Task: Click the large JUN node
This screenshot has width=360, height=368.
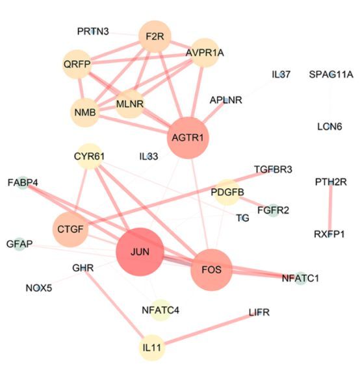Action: click(x=140, y=252)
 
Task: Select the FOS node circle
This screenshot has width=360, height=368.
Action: click(x=211, y=270)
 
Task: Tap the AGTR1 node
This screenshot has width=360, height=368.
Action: click(x=188, y=138)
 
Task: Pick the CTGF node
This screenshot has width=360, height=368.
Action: click(x=70, y=229)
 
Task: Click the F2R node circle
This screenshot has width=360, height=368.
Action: click(x=155, y=36)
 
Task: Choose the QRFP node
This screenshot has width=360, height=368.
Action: click(x=77, y=64)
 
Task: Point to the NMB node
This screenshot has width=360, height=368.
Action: click(x=85, y=112)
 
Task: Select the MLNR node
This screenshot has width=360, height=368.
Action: click(x=130, y=104)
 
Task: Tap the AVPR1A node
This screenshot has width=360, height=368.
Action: click(x=205, y=53)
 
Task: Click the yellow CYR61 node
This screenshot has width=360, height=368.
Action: click(x=89, y=156)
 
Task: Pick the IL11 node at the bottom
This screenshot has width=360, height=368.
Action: click(x=152, y=348)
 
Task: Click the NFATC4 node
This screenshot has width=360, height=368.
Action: click(x=161, y=310)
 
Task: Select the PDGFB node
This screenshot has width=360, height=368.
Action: click(x=227, y=192)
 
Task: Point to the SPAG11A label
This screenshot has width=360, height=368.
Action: click(x=331, y=75)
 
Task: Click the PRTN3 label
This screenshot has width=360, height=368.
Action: click(x=93, y=31)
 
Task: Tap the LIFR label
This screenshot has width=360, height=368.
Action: click(x=259, y=312)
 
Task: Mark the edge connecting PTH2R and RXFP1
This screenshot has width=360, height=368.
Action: click(x=330, y=208)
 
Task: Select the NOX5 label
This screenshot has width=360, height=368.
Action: click(x=39, y=288)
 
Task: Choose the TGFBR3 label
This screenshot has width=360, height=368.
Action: click(x=274, y=169)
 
